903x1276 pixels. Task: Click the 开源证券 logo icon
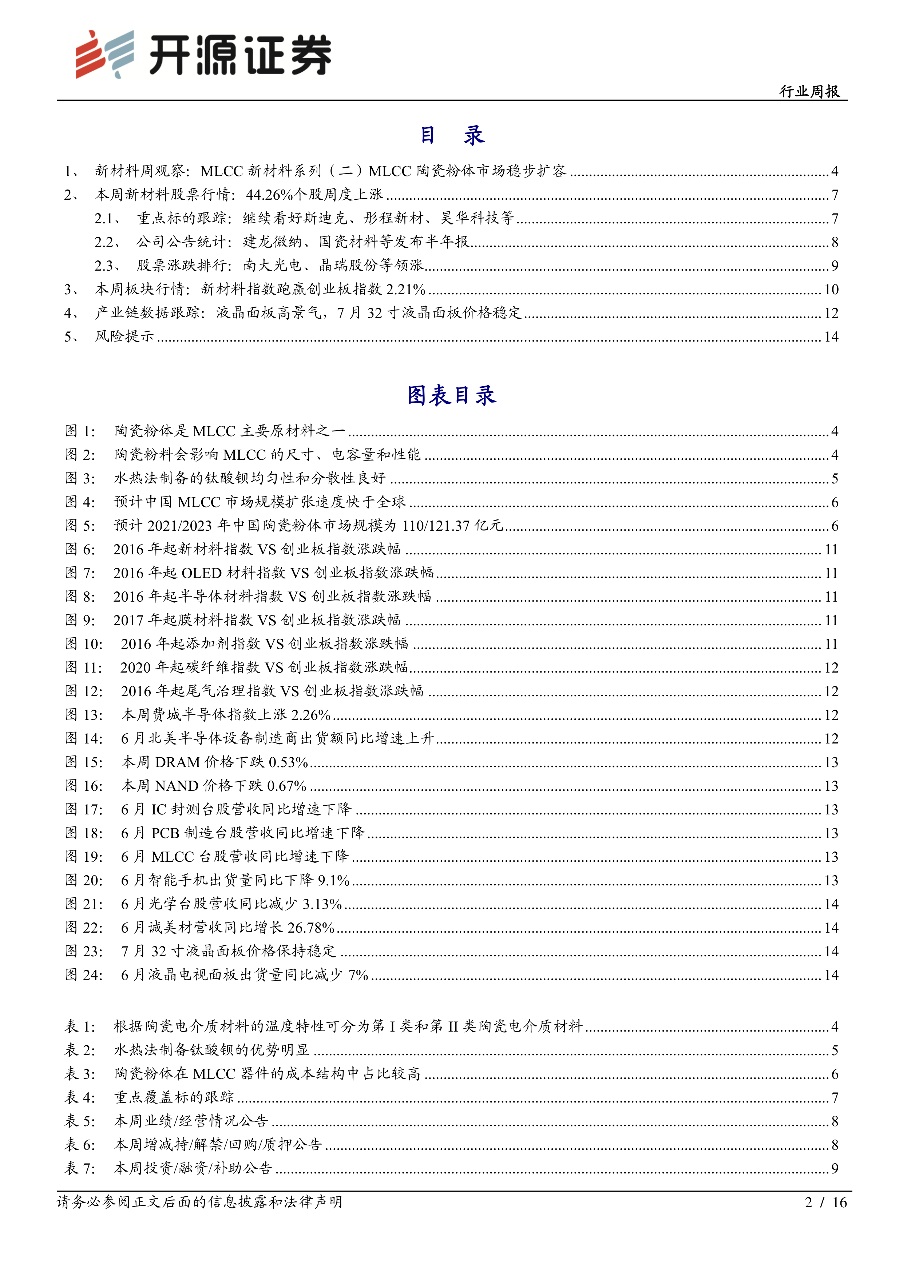[104, 54]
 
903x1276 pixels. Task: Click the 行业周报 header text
[809, 91]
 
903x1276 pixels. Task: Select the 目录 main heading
[451, 135]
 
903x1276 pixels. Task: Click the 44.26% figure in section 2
[269, 195]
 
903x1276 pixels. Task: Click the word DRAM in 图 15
[177, 762]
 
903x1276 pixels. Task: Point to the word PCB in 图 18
[165, 833]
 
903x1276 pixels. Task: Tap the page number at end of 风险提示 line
[831, 337]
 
